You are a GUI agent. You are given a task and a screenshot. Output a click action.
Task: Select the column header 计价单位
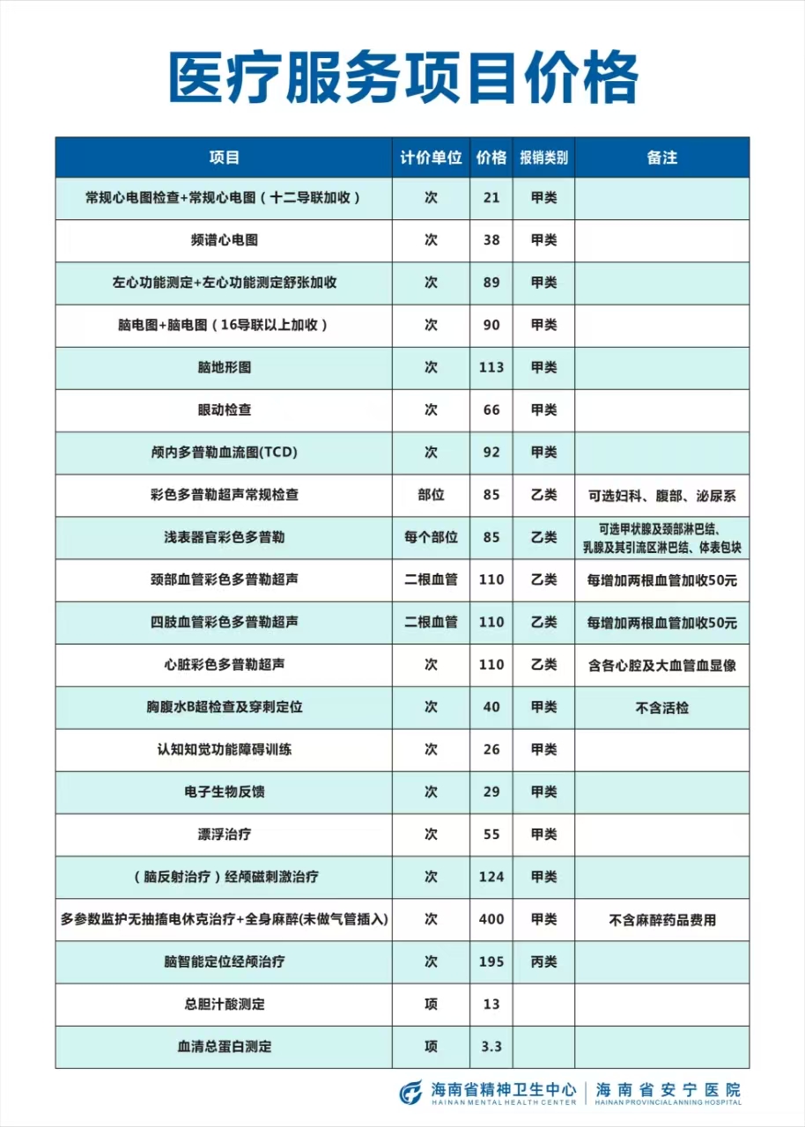[x=431, y=158]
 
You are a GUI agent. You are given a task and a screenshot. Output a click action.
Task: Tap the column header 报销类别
[x=543, y=158]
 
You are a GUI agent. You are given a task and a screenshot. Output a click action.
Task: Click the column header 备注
[x=661, y=158]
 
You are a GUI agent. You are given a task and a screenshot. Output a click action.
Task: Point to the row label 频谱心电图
[x=224, y=240]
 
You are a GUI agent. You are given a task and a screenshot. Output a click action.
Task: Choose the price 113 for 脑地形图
[x=491, y=367]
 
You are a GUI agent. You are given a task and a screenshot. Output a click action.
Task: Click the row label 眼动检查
[x=224, y=410]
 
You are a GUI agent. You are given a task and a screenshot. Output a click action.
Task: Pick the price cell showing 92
[x=491, y=453]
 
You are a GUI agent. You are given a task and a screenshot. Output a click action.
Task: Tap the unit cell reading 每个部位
[x=431, y=537]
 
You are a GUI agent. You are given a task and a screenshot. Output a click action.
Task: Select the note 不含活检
[x=661, y=707]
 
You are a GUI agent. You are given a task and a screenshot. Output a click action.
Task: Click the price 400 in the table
[x=491, y=919]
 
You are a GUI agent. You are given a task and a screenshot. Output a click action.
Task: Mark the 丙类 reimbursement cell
[x=543, y=961]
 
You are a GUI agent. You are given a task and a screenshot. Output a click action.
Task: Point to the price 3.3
[x=491, y=1047]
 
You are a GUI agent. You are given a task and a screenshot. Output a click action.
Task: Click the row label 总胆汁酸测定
[x=224, y=1005]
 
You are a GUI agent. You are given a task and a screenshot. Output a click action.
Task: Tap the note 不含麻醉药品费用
[x=661, y=920]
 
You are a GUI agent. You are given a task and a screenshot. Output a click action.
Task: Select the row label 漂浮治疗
[x=224, y=835]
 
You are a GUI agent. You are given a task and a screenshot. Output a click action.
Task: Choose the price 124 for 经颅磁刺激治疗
[x=491, y=877]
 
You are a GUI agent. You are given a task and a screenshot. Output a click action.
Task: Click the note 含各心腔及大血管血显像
[x=661, y=665]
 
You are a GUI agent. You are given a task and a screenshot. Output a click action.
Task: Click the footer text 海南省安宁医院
[x=668, y=1089]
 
